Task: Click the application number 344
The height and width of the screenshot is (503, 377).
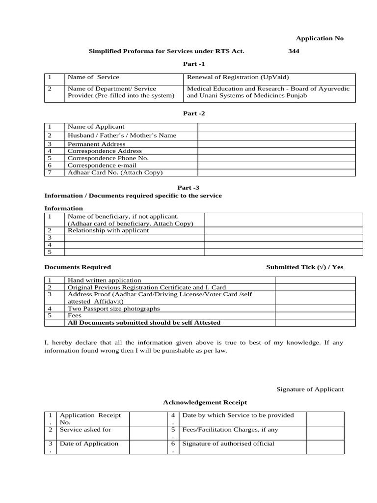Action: (294, 51)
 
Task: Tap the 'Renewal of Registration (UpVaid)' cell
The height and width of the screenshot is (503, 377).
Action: (238, 77)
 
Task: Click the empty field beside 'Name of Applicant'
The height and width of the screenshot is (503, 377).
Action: (276, 127)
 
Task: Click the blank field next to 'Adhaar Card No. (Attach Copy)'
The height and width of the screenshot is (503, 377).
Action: (276, 172)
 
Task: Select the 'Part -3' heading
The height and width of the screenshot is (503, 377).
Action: (188, 187)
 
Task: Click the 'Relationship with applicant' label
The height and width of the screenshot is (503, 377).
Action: (108, 230)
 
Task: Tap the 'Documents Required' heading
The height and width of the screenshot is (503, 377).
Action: (78, 267)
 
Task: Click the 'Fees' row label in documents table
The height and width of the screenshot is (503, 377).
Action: (74, 316)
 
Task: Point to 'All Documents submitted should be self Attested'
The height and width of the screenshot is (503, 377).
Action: (144, 323)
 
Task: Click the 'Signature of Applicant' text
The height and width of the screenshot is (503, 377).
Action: (310, 389)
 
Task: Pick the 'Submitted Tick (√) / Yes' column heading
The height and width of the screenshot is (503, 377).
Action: (304, 267)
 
